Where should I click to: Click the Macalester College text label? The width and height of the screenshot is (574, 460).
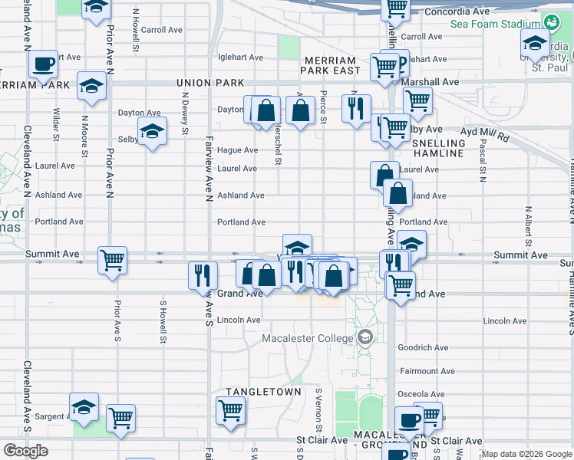(308, 338)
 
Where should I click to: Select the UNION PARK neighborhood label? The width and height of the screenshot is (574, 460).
(209, 83)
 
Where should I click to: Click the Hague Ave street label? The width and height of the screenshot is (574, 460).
(237, 150)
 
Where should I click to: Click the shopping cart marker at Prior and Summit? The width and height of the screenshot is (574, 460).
(112, 260)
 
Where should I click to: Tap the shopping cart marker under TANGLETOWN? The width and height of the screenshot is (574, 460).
(230, 410)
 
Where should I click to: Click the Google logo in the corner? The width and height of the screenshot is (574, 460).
(25, 451)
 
